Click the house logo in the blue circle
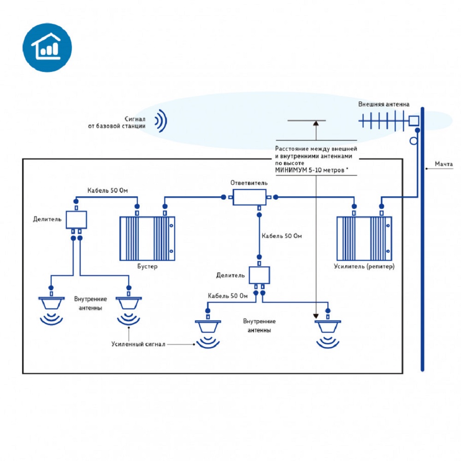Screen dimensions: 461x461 [x=47, y=47]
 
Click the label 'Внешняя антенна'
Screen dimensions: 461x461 [x=384, y=105]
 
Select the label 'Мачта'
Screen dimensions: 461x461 [x=443, y=164]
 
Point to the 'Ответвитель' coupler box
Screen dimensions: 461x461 [x=249, y=197]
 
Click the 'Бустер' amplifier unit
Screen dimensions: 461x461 [x=147, y=238]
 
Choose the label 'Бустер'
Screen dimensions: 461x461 [x=147, y=267]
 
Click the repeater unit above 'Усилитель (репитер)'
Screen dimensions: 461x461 [x=364, y=238]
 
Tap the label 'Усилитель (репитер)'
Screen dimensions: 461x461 [x=364, y=267]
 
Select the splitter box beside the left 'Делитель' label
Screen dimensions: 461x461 [x=76, y=219]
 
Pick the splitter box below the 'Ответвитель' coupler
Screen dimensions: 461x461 [x=260, y=275]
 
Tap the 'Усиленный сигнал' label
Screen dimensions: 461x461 [x=138, y=344]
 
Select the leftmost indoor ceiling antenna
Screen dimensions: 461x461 [x=51, y=304]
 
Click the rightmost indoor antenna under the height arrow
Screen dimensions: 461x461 [x=328, y=327]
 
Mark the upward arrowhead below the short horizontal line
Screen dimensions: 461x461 [x=316, y=124]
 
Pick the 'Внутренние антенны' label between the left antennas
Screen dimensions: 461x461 [x=90, y=303]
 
